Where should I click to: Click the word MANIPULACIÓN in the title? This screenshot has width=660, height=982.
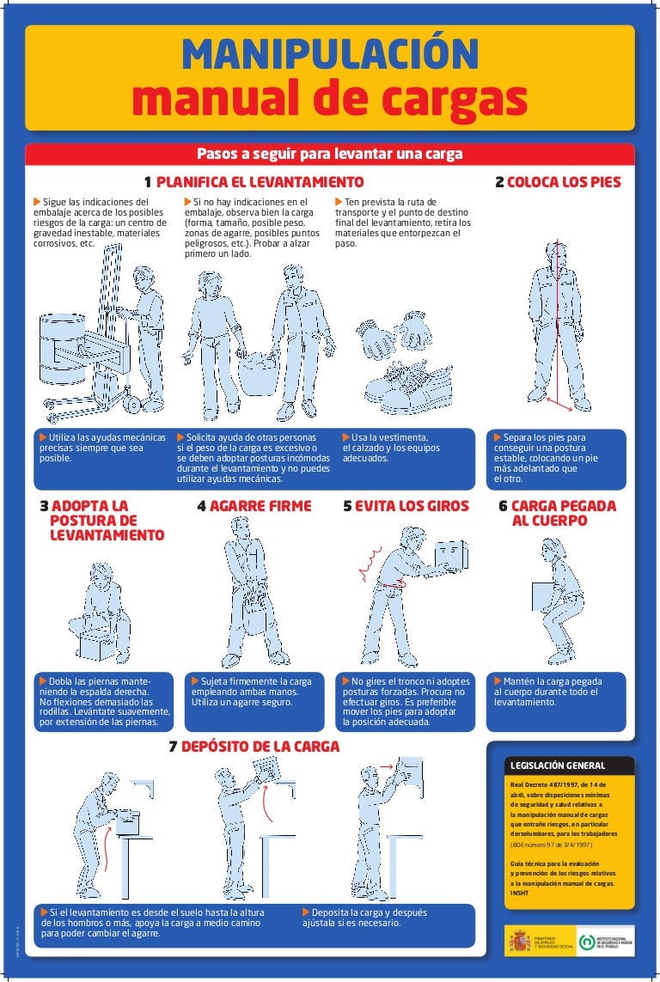330,55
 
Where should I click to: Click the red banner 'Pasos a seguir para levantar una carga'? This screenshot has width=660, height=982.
330,154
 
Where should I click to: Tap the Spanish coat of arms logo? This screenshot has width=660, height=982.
519,942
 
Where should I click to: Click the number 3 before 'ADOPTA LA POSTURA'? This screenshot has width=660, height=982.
44,506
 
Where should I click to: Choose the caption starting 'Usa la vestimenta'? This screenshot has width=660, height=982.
391,448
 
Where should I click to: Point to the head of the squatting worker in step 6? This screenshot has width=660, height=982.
552,552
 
